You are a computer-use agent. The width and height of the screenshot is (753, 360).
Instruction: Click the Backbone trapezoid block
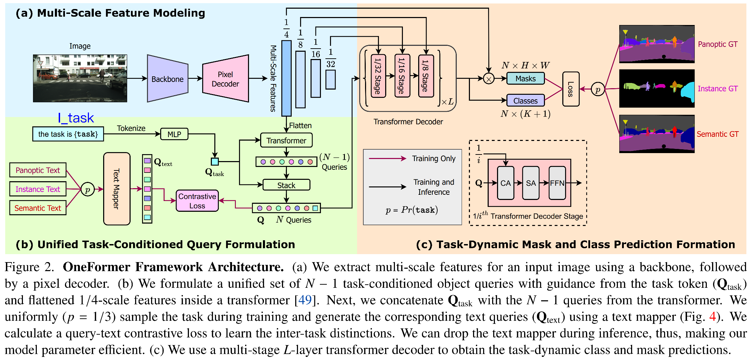tap(167, 79)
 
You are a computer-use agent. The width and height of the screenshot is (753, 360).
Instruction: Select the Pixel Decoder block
tap(225, 79)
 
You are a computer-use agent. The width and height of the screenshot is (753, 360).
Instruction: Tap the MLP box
tap(174, 134)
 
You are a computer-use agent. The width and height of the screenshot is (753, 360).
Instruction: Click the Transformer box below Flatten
tap(286, 141)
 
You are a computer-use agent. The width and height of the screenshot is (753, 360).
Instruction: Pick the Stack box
tap(286, 185)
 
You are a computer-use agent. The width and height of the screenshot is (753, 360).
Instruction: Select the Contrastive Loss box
tap(197, 201)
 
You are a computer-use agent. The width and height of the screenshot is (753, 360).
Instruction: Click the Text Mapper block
tap(117, 189)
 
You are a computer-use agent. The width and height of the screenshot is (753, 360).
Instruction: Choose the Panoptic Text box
tap(38, 170)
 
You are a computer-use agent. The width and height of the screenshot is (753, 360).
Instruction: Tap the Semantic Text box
tap(38, 208)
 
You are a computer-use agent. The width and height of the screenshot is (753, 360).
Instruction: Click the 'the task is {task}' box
tap(68, 134)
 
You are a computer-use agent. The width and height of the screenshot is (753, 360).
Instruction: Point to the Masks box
tap(526, 78)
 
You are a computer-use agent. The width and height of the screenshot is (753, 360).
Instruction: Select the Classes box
tap(525, 101)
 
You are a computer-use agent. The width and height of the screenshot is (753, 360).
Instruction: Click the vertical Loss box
tap(571, 89)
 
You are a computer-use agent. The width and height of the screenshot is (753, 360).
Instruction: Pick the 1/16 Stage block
tap(402, 76)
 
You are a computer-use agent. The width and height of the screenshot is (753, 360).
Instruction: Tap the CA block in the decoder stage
tap(505, 183)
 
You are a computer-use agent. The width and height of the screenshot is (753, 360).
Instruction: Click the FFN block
tap(557, 183)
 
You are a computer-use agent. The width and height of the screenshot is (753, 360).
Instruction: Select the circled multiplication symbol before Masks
tap(489, 79)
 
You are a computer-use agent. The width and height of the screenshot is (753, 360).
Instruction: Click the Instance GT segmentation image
tap(657, 89)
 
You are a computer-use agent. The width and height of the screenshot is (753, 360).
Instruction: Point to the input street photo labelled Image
tap(80, 78)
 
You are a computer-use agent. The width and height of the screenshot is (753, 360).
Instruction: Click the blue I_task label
tap(76, 118)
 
